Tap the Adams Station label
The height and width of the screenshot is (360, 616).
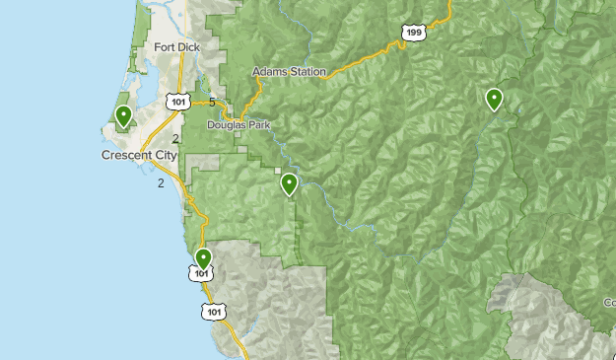(289, 72)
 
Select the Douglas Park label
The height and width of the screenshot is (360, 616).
(238, 124)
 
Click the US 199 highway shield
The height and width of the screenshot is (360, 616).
(414, 33)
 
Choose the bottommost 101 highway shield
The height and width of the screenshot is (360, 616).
(215, 311)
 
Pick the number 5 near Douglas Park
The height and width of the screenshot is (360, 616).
(212, 102)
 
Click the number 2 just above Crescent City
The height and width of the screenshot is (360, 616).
(175, 139)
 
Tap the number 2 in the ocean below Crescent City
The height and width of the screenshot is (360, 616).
(160, 182)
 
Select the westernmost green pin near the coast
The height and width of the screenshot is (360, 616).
(123, 116)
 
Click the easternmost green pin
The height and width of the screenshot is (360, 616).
(493, 99)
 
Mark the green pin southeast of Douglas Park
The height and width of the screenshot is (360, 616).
(289, 184)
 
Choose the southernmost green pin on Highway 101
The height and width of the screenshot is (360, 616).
(203, 258)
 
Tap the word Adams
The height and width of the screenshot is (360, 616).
(269, 72)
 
